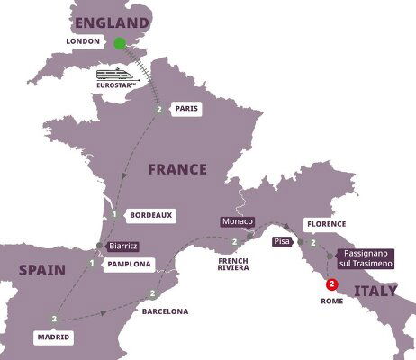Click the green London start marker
(119, 42)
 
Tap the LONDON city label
(83, 42)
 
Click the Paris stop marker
(159, 110)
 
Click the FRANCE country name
(178, 168)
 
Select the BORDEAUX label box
(148, 215)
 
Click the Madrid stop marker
(55, 318)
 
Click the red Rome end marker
(332, 286)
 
